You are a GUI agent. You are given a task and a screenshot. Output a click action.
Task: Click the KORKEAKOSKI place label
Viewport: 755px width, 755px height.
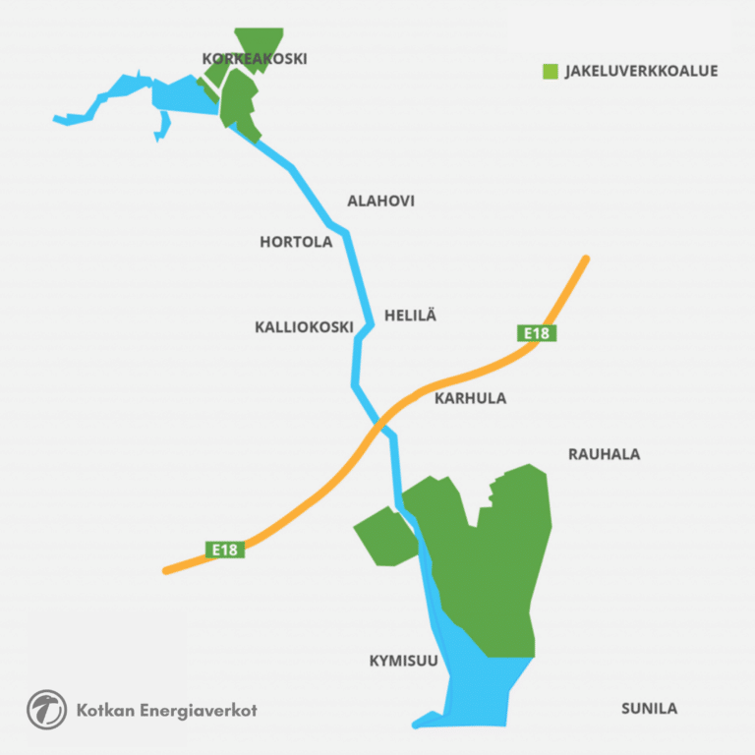coord(255,59)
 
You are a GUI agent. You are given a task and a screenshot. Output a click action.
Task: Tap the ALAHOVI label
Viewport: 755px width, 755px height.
coord(380,201)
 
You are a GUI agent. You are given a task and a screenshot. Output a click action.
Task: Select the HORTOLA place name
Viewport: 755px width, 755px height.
coord(296,242)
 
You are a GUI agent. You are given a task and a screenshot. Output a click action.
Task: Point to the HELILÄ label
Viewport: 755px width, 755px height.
coord(410,316)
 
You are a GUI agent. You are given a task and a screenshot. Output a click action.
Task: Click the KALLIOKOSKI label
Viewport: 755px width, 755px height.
coord(304,327)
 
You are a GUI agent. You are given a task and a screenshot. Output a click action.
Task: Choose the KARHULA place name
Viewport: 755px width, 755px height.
coord(470,398)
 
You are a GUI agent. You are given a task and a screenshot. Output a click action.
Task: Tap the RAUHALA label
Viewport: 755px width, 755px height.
coord(604,454)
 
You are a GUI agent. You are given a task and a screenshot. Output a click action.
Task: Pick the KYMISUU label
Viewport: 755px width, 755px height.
coord(403,661)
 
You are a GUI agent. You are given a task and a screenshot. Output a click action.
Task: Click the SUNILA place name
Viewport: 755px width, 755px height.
coord(649,708)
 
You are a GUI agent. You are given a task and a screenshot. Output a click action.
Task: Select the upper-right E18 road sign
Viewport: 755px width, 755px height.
coord(537,333)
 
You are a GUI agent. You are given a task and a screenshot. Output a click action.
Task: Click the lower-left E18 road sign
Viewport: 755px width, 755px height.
coord(225,550)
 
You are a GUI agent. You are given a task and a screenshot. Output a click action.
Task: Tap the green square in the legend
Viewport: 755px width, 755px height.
coord(551,71)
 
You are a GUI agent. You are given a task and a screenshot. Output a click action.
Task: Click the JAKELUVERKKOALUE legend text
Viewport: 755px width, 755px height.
coord(641,71)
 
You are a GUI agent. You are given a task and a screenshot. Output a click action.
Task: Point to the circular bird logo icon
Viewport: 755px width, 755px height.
coord(46,710)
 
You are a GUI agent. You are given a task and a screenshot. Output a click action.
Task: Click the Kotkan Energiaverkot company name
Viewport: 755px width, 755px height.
coord(166,710)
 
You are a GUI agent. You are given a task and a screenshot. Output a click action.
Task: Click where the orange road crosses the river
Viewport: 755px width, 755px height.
coord(379,424)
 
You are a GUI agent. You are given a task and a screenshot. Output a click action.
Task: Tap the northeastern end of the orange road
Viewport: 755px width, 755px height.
coord(585,261)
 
